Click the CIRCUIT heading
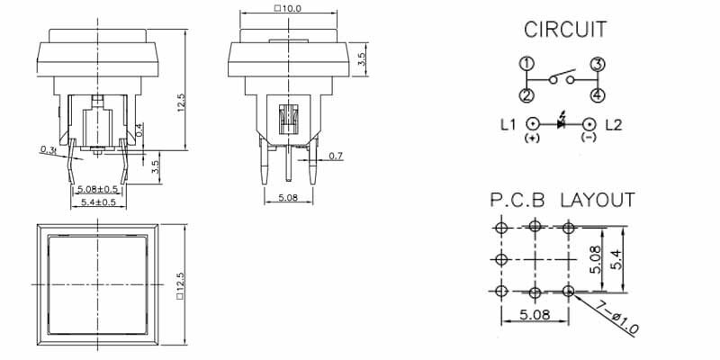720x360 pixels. click(564, 29)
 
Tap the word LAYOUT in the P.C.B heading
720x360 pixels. click(598, 200)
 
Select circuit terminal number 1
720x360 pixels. click(526, 64)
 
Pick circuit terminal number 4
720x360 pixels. click(596, 94)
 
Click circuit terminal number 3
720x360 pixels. click(596, 64)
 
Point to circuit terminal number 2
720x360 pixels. click(526, 94)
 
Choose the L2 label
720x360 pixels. click(614, 125)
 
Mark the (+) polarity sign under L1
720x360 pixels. click(533, 139)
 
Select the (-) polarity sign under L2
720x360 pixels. click(589, 139)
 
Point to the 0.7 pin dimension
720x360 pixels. click(336, 157)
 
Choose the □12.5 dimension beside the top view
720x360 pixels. click(181, 283)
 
